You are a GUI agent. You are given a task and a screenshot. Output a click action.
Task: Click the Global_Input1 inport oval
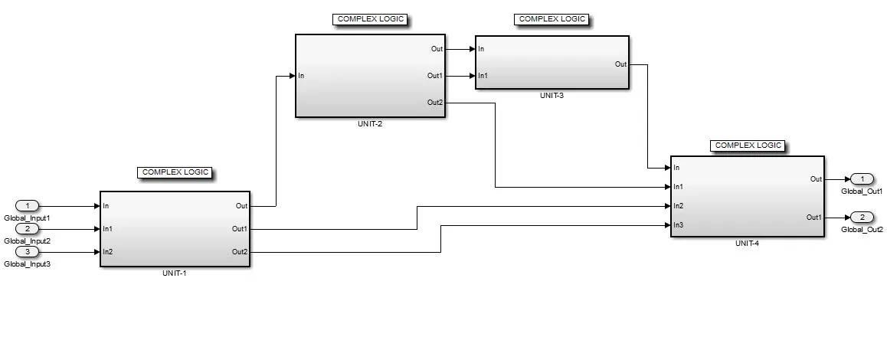[28, 205]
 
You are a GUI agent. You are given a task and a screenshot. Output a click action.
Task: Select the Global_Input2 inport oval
[28, 228]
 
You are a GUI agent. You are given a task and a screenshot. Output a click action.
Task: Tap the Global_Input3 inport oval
[28, 251]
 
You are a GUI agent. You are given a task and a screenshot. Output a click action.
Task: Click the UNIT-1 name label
[175, 273]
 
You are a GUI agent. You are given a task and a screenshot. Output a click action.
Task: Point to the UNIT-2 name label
[369, 123]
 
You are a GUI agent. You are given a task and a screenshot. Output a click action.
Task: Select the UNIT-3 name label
[551, 96]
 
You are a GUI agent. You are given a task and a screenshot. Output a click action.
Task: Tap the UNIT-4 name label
[746, 243]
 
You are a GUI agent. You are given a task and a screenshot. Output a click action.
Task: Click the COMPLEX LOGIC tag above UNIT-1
[175, 172]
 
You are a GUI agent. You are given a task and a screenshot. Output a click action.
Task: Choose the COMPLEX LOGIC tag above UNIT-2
[369, 19]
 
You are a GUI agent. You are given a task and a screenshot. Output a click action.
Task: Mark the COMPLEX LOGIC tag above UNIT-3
[552, 19]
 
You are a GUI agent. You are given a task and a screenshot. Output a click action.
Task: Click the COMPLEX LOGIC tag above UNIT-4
[747, 145]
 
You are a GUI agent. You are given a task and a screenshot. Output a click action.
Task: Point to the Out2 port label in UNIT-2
[434, 103]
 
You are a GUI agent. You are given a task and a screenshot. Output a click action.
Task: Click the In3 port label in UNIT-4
[679, 225]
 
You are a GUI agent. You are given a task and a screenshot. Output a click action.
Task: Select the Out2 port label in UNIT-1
[239, 252]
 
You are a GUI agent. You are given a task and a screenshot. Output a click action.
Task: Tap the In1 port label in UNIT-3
[483, 76]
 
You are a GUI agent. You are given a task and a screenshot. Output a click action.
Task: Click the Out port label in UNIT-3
[620, 64]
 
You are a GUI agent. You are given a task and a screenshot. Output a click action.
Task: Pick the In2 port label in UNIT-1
[108, 252]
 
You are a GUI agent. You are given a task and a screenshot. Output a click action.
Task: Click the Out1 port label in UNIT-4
[814, 218]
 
